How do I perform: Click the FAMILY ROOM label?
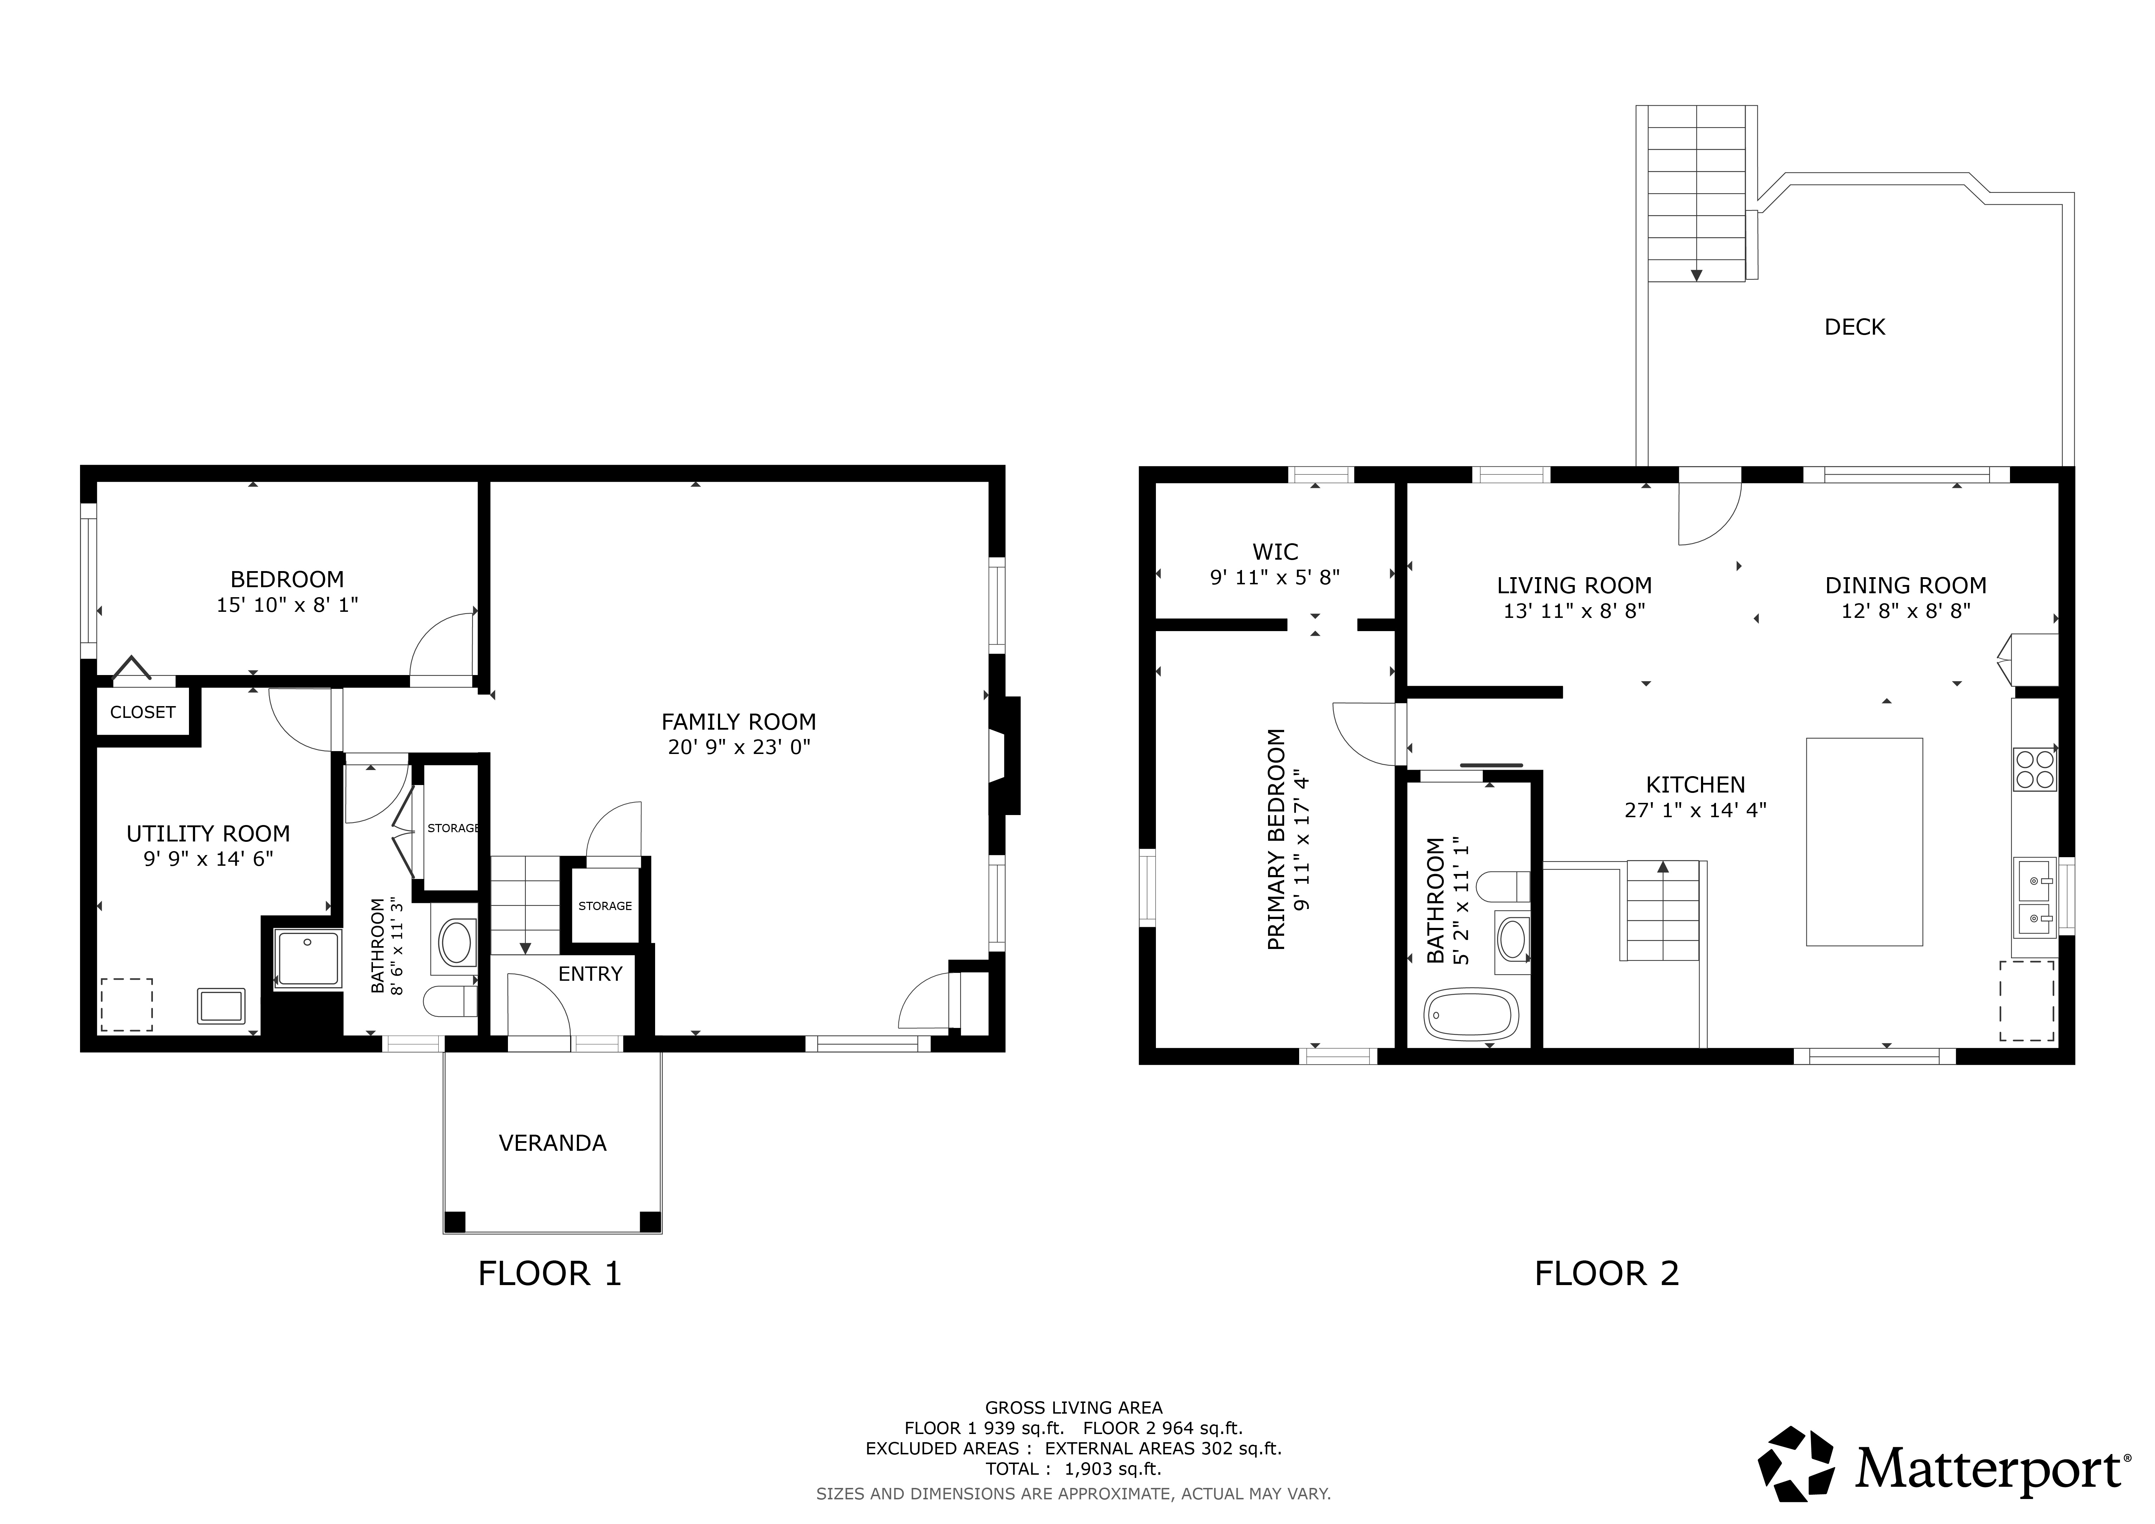739,722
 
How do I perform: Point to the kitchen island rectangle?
1864,841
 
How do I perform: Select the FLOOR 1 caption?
550,1273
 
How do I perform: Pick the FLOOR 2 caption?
1607,1273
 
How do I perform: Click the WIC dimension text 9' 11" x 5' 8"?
1274,577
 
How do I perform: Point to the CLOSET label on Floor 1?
143,712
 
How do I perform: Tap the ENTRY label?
590,974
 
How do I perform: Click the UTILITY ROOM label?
208,833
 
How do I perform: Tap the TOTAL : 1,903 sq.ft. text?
1073,1469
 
